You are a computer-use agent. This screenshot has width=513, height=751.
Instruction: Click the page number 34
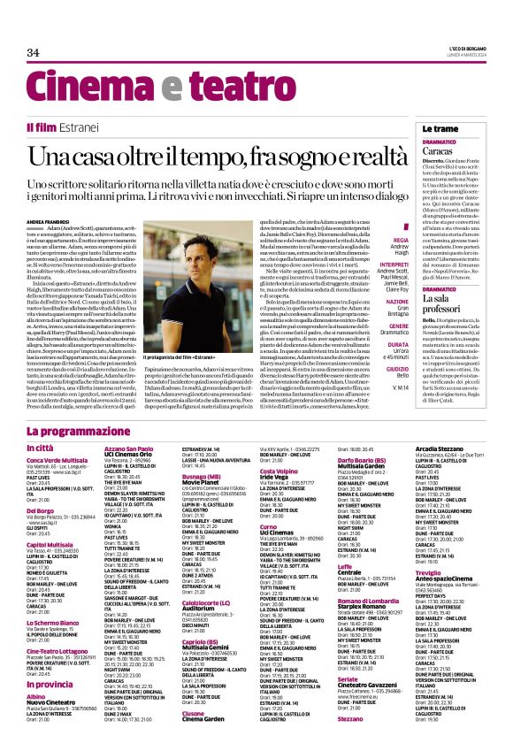pos(34,52)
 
